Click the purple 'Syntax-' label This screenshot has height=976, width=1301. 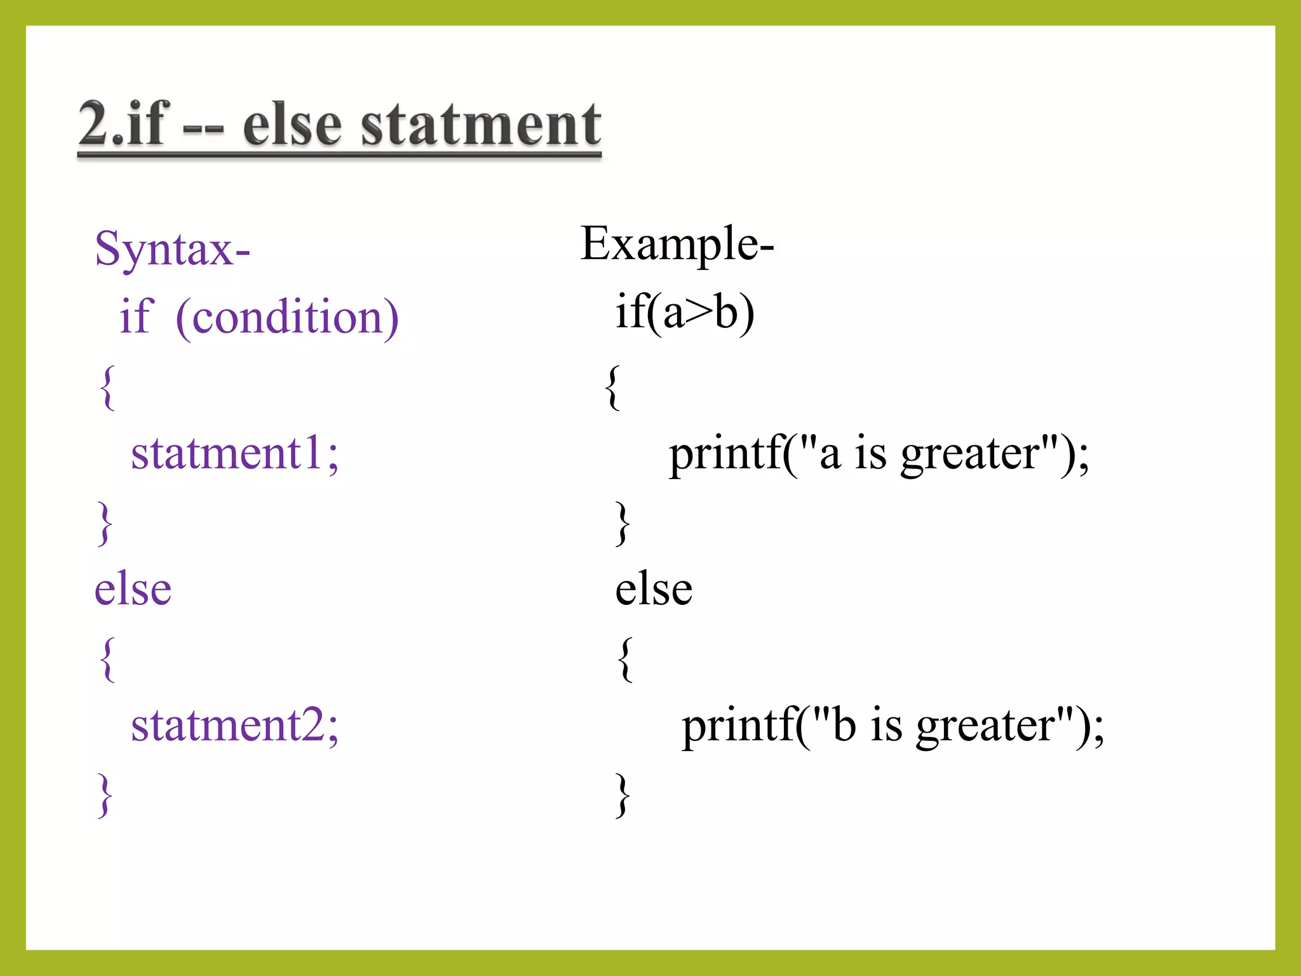[172, 250]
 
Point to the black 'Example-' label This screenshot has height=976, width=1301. [677, 245]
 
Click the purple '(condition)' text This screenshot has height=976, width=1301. [287, 317]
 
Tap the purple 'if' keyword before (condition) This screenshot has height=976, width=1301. [135, 317]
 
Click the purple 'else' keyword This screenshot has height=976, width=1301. [133, 589]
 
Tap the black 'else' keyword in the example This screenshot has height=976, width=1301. [654, 589]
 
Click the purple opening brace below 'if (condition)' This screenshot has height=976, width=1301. [107, 388]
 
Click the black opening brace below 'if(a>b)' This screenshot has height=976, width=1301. [612, 388]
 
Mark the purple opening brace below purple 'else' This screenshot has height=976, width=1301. [107, 659]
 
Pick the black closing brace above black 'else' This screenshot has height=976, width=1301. [623, 523]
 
